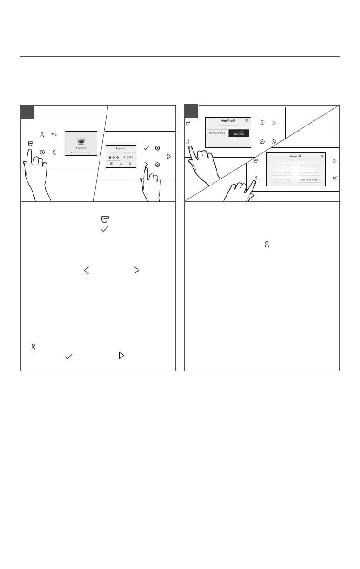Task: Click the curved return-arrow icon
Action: coord(53,135)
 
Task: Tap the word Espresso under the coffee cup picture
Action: coord(81,148)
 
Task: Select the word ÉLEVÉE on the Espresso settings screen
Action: coord(128,157)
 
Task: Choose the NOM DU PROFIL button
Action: coord(217,133)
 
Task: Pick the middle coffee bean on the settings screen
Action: coord(114,157)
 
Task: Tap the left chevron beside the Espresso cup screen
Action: coord(54,152)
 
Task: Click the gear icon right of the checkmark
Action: coord(158,148)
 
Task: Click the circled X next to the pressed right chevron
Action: coord(158,165)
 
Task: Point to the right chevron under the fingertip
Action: coord(146,164)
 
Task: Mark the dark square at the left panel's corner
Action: coord(27,112)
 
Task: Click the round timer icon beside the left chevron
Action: coord(42,152)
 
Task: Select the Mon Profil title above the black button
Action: coord(228,121)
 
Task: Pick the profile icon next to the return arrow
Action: coord(42,135)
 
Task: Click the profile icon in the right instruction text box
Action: coord(267,244)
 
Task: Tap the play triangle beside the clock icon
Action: coord(274,123)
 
